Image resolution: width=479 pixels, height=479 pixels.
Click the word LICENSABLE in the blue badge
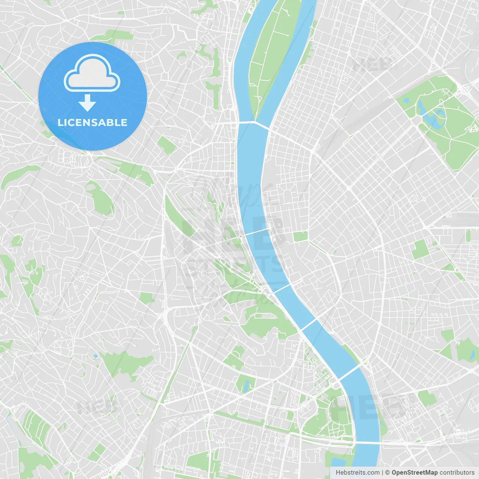92,122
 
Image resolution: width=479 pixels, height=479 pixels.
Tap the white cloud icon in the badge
92,74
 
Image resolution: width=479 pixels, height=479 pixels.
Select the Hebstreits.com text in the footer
357,473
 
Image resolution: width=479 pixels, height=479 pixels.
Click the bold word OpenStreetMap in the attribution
414,473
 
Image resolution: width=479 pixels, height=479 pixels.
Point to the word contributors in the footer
457,473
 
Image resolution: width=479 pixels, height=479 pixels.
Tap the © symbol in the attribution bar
387,473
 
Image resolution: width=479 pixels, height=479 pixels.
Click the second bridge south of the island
257,232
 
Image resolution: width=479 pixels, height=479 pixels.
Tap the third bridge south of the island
281,288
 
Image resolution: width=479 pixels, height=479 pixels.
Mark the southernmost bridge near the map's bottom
367,443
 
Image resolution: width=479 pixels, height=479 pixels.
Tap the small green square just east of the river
300,237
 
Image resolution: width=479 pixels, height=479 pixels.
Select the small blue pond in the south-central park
246,386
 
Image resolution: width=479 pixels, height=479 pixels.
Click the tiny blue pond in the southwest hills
96,356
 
